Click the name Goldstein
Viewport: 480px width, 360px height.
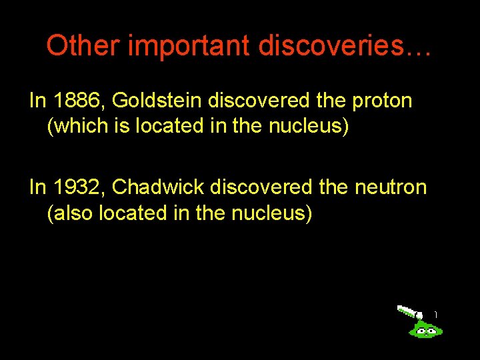pyautogui.click(x=157, y=101)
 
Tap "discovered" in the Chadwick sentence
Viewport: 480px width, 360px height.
pyautogui.click(x=261, y=187)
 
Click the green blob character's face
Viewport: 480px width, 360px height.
pyautogui.click(x=425, y=329)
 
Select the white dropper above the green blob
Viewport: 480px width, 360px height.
pyautogui.click(x=408, y=311)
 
